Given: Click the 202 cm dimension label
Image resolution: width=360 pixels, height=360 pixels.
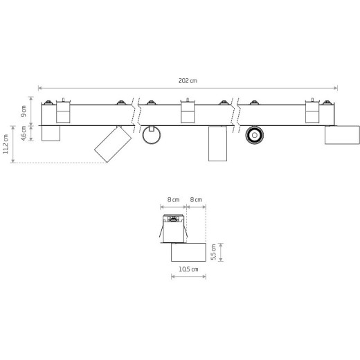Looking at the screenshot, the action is click(x=188, y=81).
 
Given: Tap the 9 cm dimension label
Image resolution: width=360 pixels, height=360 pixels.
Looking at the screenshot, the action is click(x=24, y=111).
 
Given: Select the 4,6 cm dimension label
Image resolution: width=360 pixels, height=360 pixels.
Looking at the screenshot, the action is click(x=24, y=133).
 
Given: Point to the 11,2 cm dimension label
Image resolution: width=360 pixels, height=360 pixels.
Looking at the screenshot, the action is click(x=6, y=144).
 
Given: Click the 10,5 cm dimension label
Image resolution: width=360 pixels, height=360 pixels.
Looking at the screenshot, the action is click(x=188, y=269).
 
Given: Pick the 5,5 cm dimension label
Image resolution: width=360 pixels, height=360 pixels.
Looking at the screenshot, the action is click(x=214, y=252).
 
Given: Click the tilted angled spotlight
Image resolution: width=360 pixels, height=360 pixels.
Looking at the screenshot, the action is click(x=113, y=144).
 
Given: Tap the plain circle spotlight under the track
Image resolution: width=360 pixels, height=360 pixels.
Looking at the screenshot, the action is click(x=152, y=135).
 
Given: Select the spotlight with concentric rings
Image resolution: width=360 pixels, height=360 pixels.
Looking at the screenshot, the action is click(x=255, y=135).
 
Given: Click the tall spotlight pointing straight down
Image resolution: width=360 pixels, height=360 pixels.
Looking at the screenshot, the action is click(x=217, y=143).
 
